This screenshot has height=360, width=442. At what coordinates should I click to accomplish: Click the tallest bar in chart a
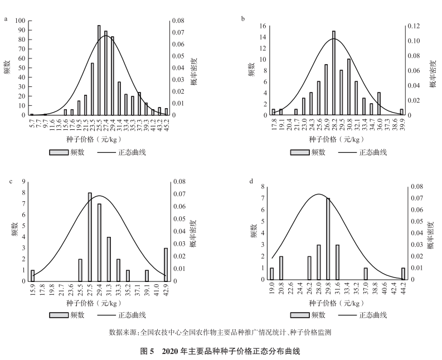[x=99, y=70]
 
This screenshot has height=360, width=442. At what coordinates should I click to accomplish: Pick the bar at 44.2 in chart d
[x=403, y=274]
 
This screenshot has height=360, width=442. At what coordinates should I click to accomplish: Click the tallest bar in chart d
[x=328, y=239]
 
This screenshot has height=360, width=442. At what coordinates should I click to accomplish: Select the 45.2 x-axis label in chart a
[x=166, y=124]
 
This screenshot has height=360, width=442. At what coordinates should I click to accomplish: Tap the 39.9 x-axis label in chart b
[x=401, y=124]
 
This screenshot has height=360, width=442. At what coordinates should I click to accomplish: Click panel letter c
[x=6, y=181]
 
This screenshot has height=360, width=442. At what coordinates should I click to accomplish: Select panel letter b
[x=242, y=18]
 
